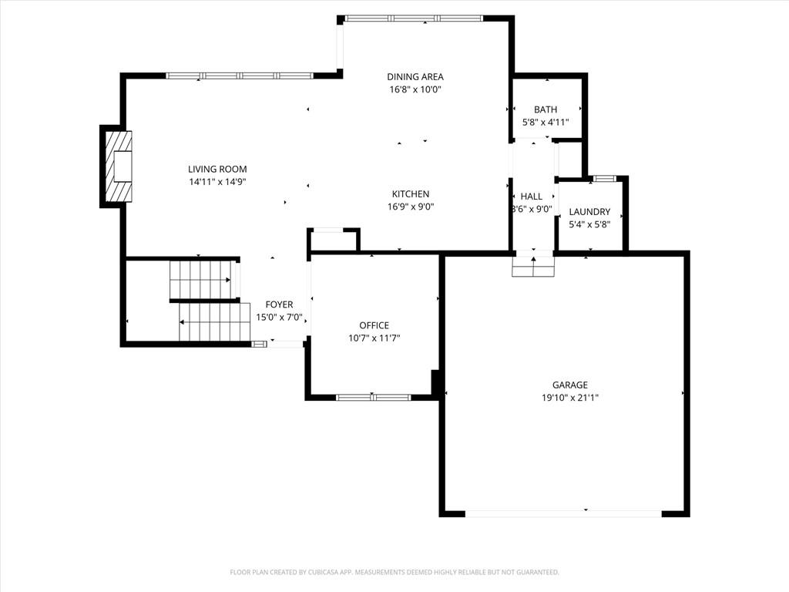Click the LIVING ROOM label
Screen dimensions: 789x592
pyautogui.click(x=217, y=169)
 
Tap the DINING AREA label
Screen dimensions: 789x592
pyautogui.click(x=415, y=76)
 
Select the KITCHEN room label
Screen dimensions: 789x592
pyautogui.click(x=411, y=193)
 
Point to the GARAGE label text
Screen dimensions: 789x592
pyautogui.click(x=570, y=385)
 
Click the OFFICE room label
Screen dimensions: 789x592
pyautogui.click(x=374, y=325)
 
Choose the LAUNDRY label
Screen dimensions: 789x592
pyautogui.click(x=589, y=212)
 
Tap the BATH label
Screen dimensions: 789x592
pyautogui.click(x=546, y=109)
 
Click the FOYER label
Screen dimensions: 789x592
pyautogui.click(x=279, y=304)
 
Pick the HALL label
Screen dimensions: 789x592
pyautogui.click(x=532, y=197)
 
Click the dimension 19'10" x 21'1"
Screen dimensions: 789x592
pyautogui.click(x=570, y=398)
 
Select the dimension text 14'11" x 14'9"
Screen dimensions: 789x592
pyautogui.click(x=217, y=182)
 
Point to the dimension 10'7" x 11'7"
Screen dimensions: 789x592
pyautogui.click(x=374, y=338)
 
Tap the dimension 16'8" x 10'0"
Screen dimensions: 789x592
pyautogui.click(x=415, y=89)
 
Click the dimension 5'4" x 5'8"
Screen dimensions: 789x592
pyautogui.click(x=589, y=224)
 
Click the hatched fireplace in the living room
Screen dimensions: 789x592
pyautogui.click(x=119, y=166)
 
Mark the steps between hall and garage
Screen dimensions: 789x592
pyautogui.click(x=533, y=266)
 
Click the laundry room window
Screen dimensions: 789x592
pyautogui.click(x=604, y=178)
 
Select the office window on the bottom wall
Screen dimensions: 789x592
pyautogui.click(x=373, y=397)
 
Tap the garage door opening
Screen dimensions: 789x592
pyautogui.click(x=563, y=513)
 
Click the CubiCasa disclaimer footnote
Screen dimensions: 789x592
pyautogui.click(x=394, y=573)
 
